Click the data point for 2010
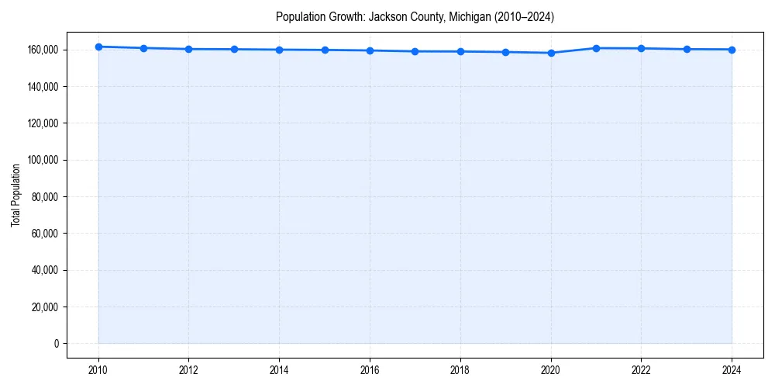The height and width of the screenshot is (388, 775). [x=98, y=47]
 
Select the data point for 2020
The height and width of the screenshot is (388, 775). [x=551, y=53]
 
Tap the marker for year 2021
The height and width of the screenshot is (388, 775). [x=596, y=48]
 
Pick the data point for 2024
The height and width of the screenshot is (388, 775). [x=732, y=50]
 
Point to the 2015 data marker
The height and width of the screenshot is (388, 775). [x=325, y=50]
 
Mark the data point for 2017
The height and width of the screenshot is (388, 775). [x=415, y=51]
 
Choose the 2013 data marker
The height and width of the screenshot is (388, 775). [x=234, y=49]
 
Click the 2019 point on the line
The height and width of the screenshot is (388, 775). [x=505, y=52]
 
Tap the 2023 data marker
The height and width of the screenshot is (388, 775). [x=687, y=49]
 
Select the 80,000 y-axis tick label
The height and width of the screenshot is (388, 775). [x=46, y=197]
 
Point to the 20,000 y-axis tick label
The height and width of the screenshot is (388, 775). [x=46, y=307]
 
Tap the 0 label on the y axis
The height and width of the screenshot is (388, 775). [x=57, y=344]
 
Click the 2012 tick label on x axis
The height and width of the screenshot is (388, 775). [x=188, y=369]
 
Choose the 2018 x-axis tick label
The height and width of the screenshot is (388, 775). [x=460, y=369]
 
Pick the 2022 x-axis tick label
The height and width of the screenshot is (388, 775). [x=641, y=369]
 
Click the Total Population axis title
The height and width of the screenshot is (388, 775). [x=15, y=195]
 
